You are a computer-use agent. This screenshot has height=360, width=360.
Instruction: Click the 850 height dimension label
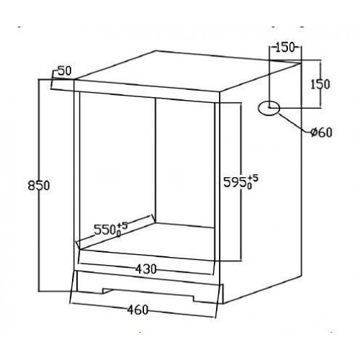pyautogui.click(x=39, y=186)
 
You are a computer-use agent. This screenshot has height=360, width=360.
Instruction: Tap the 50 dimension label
pyautogui.click(x=65, y=71)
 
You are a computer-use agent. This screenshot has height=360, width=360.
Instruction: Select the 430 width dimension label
pyautogui.click(x=145, y=269)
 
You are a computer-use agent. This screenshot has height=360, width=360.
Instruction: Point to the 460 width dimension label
pyautogui.click(x=138, y=310)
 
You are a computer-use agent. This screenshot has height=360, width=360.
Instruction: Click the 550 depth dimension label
pyautogui.click(x=104, y=230)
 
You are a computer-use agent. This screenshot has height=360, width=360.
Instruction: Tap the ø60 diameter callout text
pyautogui.click(x=321, y=132)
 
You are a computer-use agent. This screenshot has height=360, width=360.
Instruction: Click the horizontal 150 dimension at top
pyautogui.click(x=284, y=48)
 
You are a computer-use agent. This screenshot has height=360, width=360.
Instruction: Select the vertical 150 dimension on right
pyautogui.click(x=320, y=84)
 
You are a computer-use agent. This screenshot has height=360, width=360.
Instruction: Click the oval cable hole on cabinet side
pyautogui.click(x=269, y=108)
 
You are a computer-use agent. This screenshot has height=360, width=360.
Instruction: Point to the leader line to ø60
pyautogui.click(x=294, y=122)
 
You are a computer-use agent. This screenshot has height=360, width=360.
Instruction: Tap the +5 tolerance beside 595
pyautogui.click(x=253, y=178)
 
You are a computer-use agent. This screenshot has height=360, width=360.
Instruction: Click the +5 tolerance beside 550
pyautogui.click(x=122, y=226)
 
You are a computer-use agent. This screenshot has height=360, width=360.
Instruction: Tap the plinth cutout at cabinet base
pyautogui.click(x=148, y=294)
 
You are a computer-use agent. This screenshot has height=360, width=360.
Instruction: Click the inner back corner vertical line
pyautogui.click(x=156, y=160)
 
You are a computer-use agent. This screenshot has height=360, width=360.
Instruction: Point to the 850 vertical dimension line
pyautogui.click(x=39, y=185)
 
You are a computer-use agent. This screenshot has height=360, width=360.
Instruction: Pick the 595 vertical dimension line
pyautogui.click(x=240, y=181)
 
